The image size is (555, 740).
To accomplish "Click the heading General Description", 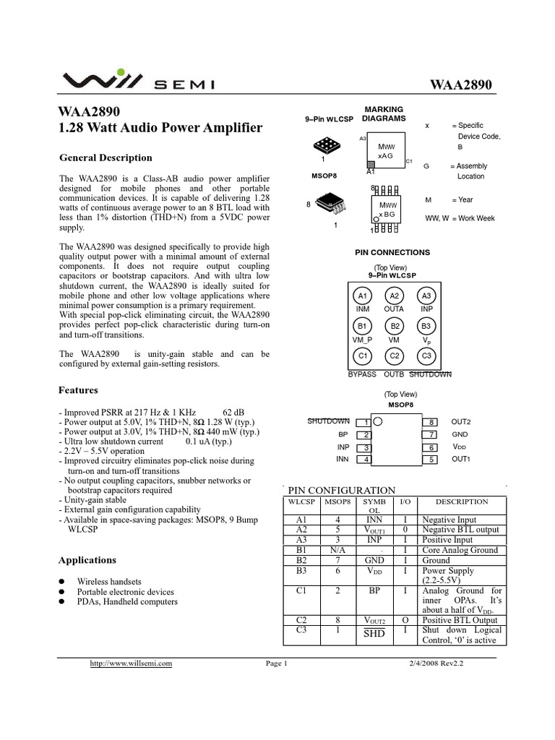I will click(106, 158).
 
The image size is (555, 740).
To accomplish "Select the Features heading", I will click(78, 390).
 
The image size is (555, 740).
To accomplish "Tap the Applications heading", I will click(87, 560).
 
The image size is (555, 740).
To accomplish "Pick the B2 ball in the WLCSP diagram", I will click(395, 326).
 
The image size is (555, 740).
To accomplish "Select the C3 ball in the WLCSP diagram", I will click(426, 356).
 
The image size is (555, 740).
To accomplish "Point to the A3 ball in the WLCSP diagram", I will click(426, 296).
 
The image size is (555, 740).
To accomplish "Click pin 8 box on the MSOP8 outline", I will click(431, 422).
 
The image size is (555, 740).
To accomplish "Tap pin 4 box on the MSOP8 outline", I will click(366, 459).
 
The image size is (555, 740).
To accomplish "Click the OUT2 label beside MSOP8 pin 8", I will click(461, 421).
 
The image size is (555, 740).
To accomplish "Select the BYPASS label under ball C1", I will click(362, 374).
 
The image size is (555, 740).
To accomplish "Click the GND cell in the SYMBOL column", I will click(374, 560).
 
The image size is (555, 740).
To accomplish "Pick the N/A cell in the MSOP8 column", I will click(337, 550).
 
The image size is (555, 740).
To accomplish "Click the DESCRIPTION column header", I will click(462, 502).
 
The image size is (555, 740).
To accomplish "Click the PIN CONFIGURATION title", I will click(342, 490).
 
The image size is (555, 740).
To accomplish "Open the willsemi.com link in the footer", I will click(130, 664).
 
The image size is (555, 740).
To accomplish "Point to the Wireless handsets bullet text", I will click(110, 581).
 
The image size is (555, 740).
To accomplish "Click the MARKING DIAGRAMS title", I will click(384, 114).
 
